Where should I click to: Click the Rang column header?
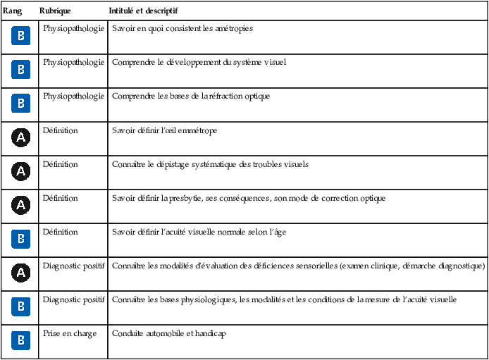[12, 12]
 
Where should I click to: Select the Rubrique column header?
[56, 12]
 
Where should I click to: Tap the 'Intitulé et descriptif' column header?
[143, 12]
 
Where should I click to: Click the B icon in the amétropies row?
[21, 36]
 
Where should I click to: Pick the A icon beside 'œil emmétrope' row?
[21, 137]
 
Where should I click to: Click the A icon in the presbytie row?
[21, 205]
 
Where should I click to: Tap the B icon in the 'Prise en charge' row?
[21, 340]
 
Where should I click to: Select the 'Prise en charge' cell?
[70, 333]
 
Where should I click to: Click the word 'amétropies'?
[233, 29]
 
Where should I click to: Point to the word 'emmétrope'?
[198, 130]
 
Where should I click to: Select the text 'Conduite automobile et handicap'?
[168, 333]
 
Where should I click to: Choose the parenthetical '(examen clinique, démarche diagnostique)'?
[411, 266]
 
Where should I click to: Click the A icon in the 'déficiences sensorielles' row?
[21, 273]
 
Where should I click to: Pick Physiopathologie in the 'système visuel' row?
[74, 62]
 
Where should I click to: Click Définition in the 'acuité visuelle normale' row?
[61, 232]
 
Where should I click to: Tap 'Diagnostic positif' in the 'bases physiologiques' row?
[74, 299]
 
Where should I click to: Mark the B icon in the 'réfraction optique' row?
[21, 104]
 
